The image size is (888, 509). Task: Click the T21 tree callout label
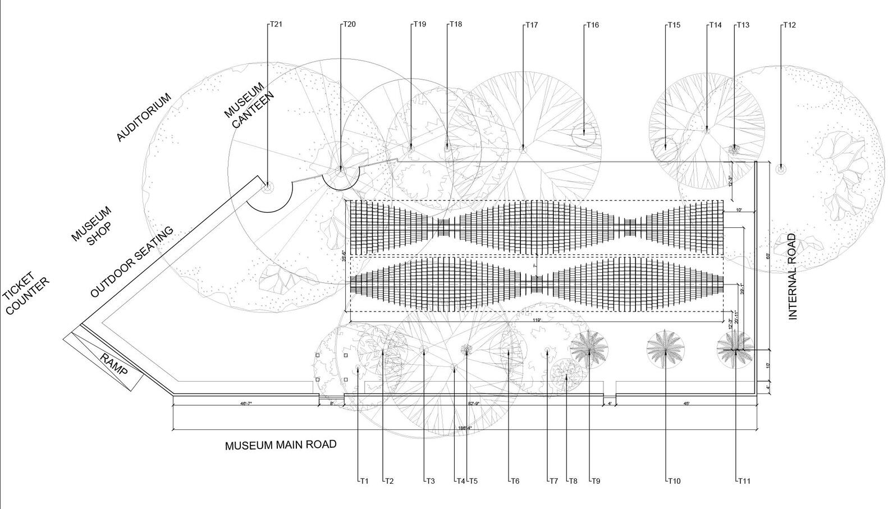point(276,24)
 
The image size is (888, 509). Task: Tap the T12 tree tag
point(790,25)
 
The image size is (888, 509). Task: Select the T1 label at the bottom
point(364,481)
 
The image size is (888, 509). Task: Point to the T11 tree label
point(744,481)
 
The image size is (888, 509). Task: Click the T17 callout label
point(532,25)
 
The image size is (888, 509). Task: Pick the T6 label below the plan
point(515,481)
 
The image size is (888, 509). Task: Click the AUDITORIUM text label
point(144,117)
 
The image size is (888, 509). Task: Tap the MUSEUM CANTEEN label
point(249,106)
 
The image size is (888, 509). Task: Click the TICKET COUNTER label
point(25,294)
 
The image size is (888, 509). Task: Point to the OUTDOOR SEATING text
point(132,262)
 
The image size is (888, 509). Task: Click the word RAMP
point(114,365)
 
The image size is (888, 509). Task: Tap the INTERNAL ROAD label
point(793,276)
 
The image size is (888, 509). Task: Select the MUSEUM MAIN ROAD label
point(281,445)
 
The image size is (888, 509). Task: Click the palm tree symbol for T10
point(665,348)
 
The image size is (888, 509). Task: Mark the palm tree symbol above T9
point(589,349)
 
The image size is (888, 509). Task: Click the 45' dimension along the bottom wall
point(686,403)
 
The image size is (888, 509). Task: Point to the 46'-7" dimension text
point(246,403)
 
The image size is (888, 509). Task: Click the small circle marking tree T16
point(584,134)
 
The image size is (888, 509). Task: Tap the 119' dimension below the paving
point(537,320)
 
